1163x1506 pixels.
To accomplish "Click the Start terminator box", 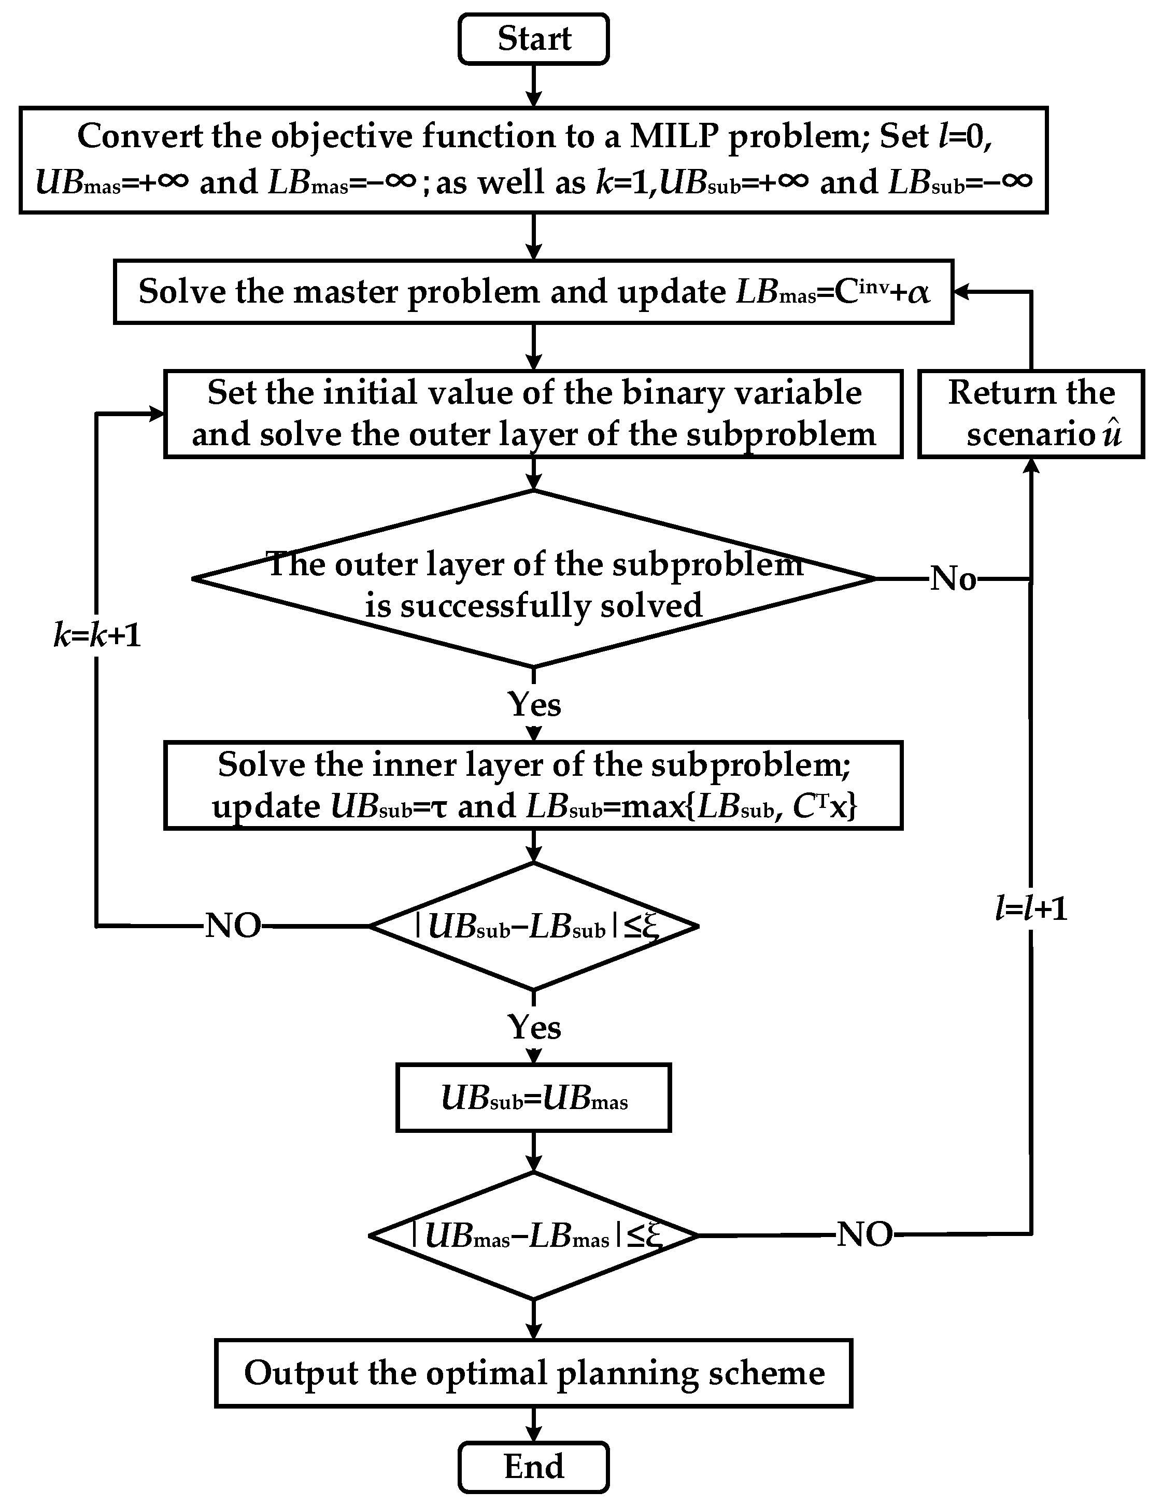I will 533,39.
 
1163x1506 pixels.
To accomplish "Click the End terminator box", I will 533,1466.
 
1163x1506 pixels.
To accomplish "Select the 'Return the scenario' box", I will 1030,414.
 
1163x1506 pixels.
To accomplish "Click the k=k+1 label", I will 97,634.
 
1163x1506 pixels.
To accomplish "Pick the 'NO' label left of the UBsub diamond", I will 233,926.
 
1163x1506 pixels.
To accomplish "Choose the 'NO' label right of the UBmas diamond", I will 864,1234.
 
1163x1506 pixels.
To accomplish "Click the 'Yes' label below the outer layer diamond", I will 534,704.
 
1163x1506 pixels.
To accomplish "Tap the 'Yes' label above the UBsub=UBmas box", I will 534,1028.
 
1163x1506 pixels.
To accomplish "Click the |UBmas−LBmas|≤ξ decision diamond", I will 533,1235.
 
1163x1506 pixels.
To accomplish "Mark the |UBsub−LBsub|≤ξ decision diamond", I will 533,926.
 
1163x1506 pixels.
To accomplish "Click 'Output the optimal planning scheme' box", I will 533,1373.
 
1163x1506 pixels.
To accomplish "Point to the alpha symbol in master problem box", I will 918,292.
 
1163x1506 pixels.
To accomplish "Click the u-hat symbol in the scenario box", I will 1111,434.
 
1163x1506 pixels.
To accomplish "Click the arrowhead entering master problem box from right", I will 960,292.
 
